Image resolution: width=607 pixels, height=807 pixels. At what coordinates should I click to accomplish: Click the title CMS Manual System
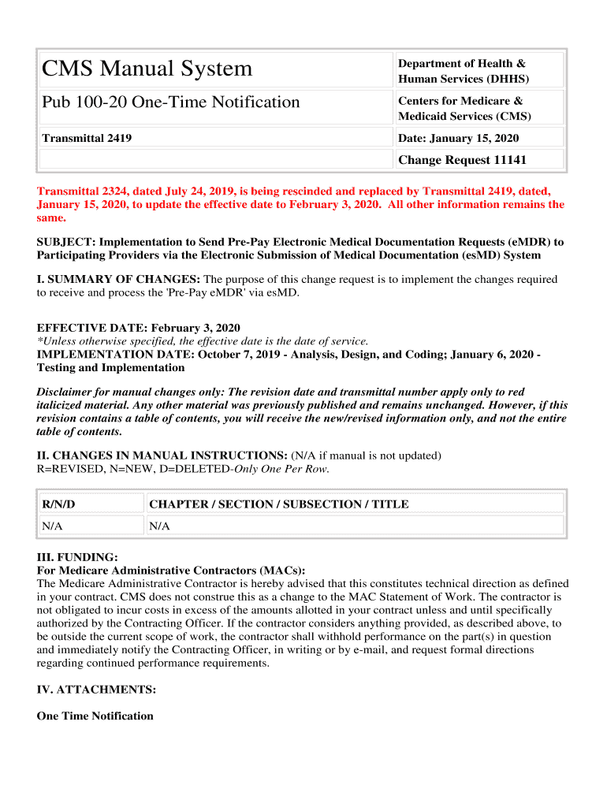[x=147, y=69]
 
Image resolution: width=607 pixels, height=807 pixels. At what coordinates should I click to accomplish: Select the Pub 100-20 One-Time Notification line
[x=171, y=102]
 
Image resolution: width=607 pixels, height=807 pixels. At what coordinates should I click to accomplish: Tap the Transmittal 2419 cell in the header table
[x=87, y=139]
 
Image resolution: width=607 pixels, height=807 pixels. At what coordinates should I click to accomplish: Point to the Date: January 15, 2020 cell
[x=458, y=139]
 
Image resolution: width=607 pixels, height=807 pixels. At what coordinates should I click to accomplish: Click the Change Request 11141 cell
[x=462, y=160]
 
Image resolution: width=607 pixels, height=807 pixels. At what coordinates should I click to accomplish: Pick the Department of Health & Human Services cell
[x=463, y=71]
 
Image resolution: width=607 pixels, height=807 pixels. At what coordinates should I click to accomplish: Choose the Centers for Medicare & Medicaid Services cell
[x=464, y=109]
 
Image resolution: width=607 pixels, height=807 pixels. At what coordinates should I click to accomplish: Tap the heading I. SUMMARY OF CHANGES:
[x=119, y=280]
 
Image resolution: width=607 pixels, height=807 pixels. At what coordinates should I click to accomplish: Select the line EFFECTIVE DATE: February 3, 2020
[x=139, y=328]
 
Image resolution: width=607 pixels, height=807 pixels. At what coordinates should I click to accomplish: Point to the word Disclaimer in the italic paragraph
[x=65, y=392]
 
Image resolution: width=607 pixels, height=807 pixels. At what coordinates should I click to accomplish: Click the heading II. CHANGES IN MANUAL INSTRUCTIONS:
[x=162, y=456]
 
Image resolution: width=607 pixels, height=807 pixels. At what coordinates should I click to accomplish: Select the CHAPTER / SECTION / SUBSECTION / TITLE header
[x=279, y=504]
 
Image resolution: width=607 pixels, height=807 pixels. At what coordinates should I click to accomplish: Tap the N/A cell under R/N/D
[x=53, y=526]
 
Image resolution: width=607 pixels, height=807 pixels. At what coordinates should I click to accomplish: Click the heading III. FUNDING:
[x=77, y=557]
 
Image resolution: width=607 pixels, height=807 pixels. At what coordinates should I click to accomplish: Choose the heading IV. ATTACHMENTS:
[x=96, y=690]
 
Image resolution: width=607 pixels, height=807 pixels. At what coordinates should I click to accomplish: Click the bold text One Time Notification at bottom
[x=95, y=716]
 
